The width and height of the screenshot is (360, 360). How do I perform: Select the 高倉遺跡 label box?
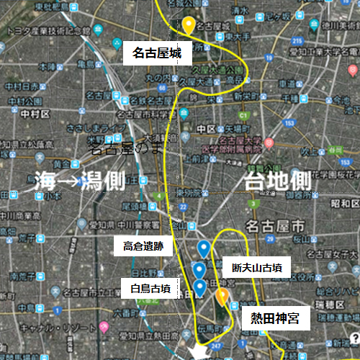(x=143, y=246)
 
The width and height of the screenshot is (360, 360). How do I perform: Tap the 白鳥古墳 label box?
(x=150, y=289)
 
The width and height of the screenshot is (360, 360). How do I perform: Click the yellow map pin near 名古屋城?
(x=189, y=25)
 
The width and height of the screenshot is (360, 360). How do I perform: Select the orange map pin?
(x=222, y=296)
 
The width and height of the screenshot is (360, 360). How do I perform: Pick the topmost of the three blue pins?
(x=204, y=249)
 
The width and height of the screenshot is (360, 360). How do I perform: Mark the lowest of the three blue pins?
(x=200, y=288)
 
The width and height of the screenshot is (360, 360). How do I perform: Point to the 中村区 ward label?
(x=34, y=113)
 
